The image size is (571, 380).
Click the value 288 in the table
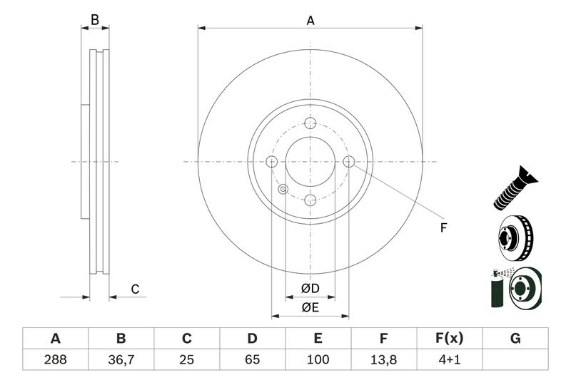coord(55,359)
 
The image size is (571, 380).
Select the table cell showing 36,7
coord(121,359)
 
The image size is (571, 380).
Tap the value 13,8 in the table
coord(383,359)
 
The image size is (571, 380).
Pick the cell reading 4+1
coord(449,359)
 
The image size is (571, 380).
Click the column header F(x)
coord(449,339)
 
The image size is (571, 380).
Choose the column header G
coord(515,339)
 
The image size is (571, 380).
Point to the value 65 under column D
coord(252,359)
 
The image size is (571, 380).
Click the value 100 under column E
coord(318,359)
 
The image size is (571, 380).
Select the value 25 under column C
coord(186,359)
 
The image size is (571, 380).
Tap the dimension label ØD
coord(309,289)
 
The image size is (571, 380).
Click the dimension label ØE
coord(309,307)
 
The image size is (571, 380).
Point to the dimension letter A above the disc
coord(310,21)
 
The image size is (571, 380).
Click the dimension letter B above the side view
coord(95,21)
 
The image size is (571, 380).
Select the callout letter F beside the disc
coord(443,228)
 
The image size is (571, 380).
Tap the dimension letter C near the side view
coord(134,289)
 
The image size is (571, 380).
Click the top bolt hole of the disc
coord(310,123)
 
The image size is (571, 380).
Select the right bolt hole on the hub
coord(348,162)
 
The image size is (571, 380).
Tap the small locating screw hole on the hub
coord(283,189)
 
